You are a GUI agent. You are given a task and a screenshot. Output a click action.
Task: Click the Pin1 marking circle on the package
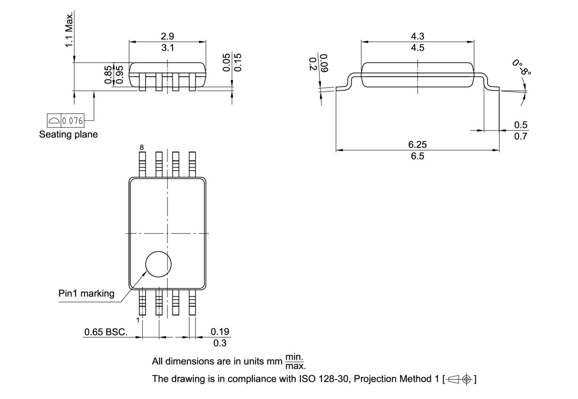158,264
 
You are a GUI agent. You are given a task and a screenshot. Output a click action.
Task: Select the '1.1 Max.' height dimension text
69,30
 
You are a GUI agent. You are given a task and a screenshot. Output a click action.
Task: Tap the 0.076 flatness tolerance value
72,121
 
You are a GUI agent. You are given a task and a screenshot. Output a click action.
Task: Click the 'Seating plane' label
68,135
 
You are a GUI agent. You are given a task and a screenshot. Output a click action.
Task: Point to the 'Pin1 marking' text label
86,293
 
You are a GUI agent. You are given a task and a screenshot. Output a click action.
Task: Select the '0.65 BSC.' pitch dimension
106,332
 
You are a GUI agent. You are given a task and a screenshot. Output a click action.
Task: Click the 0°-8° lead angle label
522,67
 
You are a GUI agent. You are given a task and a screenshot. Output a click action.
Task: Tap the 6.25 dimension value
417,144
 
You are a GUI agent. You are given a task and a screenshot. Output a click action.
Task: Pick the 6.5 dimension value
417,156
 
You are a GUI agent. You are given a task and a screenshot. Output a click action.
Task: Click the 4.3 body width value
417,36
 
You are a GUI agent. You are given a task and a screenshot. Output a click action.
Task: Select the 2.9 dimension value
168,36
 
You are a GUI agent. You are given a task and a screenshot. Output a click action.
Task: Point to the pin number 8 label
142,148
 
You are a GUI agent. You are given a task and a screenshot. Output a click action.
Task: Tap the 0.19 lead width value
220,332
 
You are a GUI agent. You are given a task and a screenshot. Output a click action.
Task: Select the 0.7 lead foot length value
521,136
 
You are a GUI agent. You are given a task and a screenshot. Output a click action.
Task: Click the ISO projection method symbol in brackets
460,379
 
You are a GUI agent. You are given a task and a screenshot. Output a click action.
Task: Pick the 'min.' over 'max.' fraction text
296,362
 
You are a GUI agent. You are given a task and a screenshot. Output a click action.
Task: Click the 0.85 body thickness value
108,74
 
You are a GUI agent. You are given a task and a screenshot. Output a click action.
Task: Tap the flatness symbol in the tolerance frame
54,121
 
